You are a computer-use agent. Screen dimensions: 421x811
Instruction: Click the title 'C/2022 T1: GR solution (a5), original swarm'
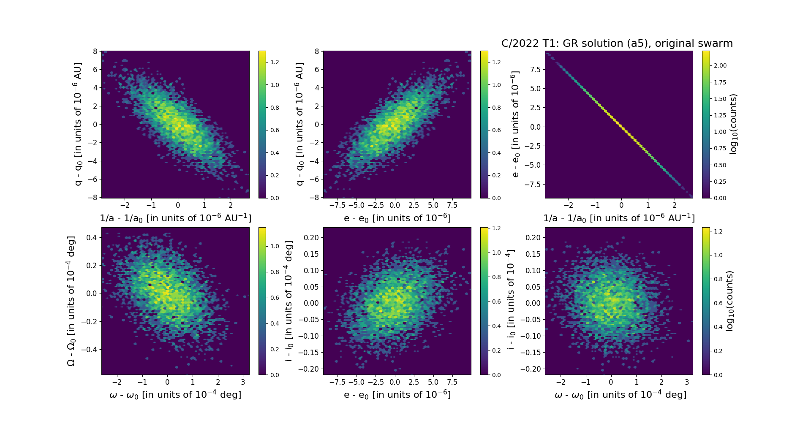[x=617, y=43]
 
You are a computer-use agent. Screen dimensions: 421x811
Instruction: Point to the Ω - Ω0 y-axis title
[x=71, y=301]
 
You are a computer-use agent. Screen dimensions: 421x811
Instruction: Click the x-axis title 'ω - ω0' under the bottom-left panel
[x=175, y=395]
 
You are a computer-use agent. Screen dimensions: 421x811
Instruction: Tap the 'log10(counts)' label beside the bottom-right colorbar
[x=729, y=301]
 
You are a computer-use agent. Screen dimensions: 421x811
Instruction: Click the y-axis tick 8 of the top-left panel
[x=95, y=52]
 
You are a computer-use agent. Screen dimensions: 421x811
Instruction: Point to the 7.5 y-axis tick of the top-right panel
[x=535, y=69]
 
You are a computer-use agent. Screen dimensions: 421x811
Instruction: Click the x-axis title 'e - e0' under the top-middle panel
[x=397, y=218]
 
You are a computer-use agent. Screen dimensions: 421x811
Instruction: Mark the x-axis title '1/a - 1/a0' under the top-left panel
[x=175, y=218]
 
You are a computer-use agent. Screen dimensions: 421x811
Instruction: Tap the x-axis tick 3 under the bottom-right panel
[x=687, y=382]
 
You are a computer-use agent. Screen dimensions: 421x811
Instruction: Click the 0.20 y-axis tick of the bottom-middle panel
[x=311, y=238]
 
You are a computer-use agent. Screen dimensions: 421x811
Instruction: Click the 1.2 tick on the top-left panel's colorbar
[x=275, y=62]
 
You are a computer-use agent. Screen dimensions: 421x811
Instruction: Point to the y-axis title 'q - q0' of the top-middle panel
[x=299, y=124]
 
